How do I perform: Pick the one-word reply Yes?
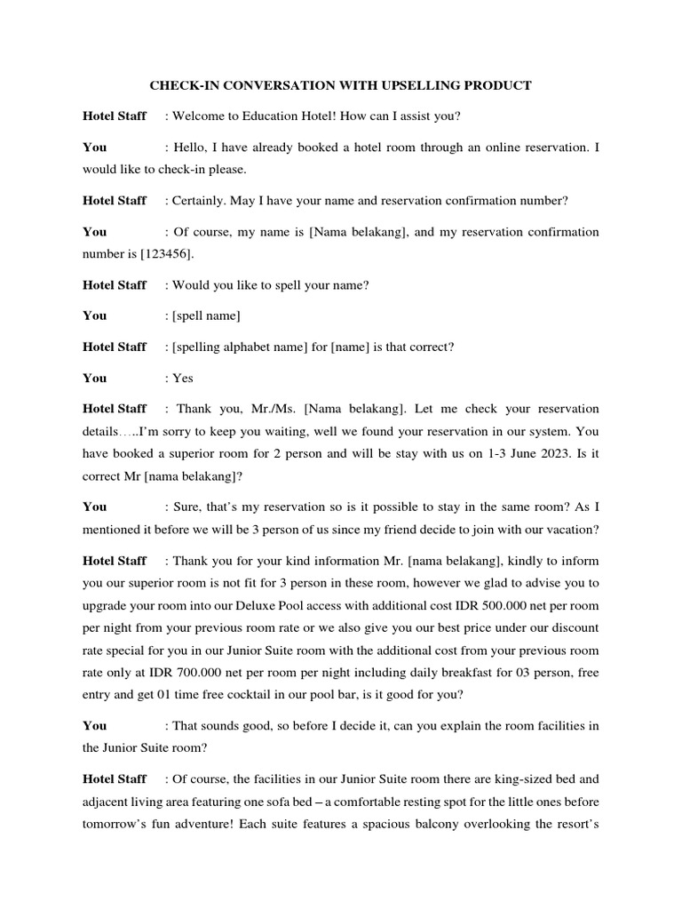click(x=182, y=378)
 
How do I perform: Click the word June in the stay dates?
click(x=508, y=453)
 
